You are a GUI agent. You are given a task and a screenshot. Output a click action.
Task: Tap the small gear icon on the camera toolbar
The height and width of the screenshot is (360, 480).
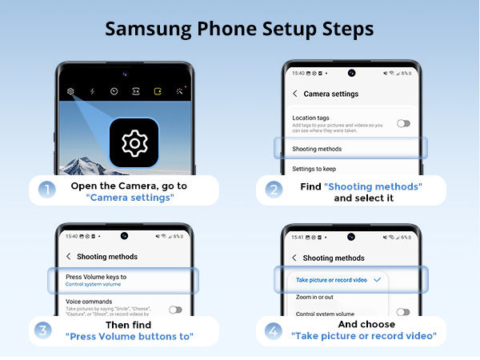[x=70, y=91]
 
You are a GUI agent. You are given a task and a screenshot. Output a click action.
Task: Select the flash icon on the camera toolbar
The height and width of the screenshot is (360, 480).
[x=92, y=91]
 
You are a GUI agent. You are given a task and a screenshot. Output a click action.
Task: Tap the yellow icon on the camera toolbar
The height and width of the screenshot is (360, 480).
[x=158, y=91]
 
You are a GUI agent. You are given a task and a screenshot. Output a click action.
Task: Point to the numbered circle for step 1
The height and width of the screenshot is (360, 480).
[x=45, y=190]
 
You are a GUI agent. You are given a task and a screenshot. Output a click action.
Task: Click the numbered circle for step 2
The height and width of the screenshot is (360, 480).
[x=274, y=190]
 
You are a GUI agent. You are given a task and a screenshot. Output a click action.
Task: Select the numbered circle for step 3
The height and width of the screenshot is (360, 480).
[x=45, y=330]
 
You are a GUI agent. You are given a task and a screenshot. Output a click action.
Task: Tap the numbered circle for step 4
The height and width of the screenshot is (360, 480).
[x=274, y=330]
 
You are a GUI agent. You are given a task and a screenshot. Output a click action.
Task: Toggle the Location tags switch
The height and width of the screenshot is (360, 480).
[x=403, y=123]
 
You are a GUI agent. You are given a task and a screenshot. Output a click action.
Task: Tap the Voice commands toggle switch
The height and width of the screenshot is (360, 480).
[x=174, y=310]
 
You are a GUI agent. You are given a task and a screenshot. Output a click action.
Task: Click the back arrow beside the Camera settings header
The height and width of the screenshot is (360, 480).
[x=294, y=94]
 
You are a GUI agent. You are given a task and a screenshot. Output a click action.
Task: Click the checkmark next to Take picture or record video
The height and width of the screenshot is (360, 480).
[x=377, y=280]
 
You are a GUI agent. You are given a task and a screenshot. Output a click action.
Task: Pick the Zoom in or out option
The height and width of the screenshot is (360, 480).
[x=314, y=297]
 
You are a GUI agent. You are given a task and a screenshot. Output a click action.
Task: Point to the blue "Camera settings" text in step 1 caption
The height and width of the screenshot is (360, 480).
[x=130, y=198]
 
